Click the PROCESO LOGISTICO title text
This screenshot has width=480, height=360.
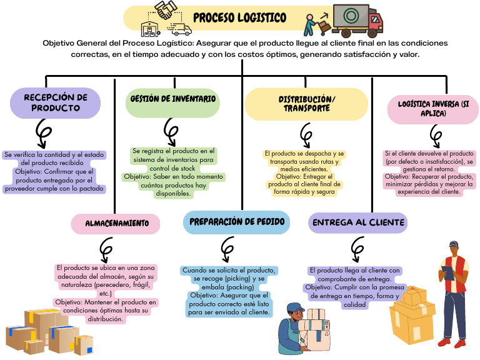point(240,17)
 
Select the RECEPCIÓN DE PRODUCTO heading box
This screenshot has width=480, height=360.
point(56,102)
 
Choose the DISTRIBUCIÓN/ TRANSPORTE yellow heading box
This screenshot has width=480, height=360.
point(304,104)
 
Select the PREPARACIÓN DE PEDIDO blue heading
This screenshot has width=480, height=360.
point(236,222)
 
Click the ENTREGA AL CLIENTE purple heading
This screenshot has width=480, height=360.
point(358,222)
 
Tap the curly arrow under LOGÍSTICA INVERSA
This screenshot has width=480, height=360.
point(436,134)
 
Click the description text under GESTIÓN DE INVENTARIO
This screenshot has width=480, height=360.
point(173,172)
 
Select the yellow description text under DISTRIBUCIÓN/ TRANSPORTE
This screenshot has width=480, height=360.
point(302,173)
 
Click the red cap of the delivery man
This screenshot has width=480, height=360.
point(454,245)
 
